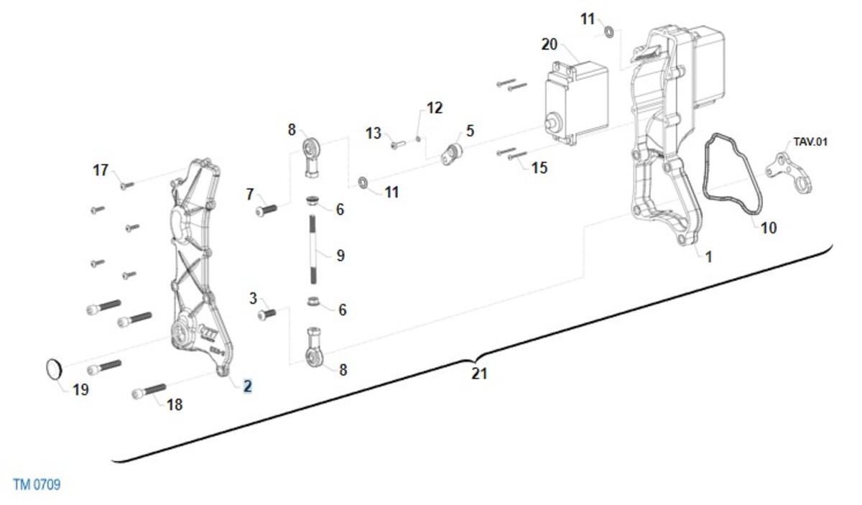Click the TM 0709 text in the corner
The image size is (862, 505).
[x=37, y=484]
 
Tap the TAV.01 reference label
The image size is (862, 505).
[x=810, y=142]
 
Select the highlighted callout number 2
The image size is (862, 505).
[x=247, y=386]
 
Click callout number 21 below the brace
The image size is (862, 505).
[x=480, y=374]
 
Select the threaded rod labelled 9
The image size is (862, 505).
[x=313, y=250]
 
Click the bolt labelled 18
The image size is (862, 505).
[x=149, y=391]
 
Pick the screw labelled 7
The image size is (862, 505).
[x=267, y=210]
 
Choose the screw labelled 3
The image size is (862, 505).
[x=267, y=315]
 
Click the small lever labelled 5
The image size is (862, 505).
[x=451, y=154]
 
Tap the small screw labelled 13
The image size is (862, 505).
[x=398, y=144]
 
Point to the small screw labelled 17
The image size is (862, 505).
[x=127, y=185]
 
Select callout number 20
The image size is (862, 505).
[x=549, y=45]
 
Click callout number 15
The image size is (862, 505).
[x=539, y=168]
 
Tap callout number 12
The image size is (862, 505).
[x=435, y=108]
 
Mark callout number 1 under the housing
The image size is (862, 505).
[x=708, y=256]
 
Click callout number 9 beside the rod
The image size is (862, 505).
[x=340, y=256]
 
